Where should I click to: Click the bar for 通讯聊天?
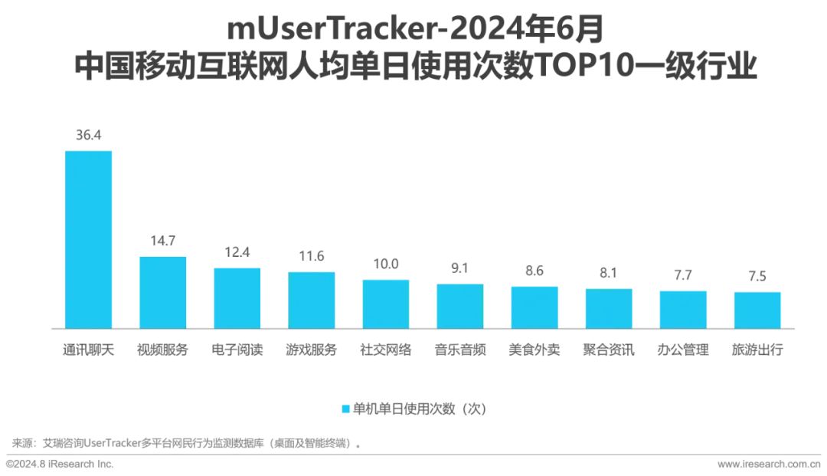(x=88, y=239)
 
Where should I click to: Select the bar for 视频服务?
(x=162, y=292)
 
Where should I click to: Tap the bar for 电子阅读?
(x=237, y=298)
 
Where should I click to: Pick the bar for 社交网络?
(x=385, y=304)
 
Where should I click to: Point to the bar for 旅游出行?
(x=757, y=310)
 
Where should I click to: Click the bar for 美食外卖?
(x=534, y=307)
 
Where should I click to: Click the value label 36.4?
(x=88, y=135)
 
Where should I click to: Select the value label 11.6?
(x=311, y=257)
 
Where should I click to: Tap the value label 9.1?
(x=460, y=268)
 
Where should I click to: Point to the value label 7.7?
(x=683, y=275)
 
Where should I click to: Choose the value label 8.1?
(x=609, y=273)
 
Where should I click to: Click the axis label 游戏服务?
(x=311, y=350)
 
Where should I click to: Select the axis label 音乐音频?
(x=460, y=350)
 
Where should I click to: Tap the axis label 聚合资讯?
(x=609, y=350)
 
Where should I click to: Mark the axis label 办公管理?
(x=683, y=350)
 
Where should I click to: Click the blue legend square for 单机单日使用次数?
(x=345, y=409)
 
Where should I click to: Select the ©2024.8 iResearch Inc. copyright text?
(x=60, y=465)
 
